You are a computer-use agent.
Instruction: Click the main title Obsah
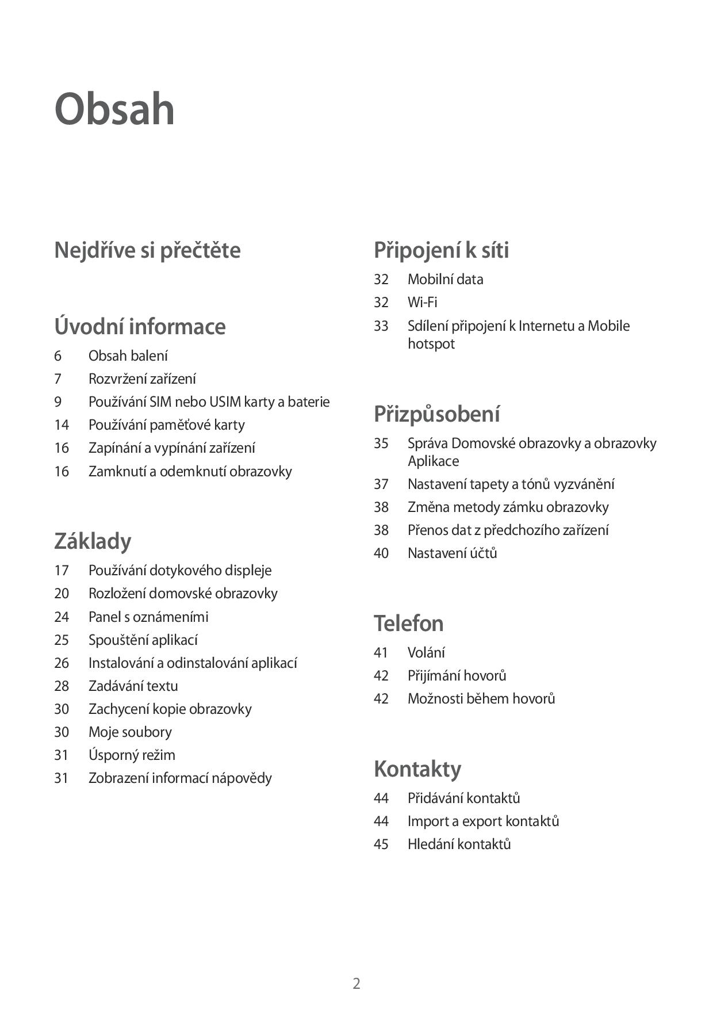point(114,109)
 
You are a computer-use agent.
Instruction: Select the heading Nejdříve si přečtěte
point(147,250)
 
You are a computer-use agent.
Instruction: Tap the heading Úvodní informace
point(140,327)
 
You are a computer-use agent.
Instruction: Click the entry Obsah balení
point(128,356)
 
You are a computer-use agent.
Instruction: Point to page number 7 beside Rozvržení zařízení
point(57,379)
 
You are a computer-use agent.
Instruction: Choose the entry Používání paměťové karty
point(166,425)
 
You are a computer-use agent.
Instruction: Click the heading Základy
point(93,541)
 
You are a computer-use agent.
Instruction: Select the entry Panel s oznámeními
point(148,617)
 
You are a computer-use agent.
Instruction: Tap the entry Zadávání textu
point(133,686)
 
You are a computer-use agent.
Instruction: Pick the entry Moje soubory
point(130,732)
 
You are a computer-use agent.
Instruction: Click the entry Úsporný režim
point(132,755)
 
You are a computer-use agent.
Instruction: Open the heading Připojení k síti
point(441,250)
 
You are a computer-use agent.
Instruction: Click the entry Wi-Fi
point(422,302)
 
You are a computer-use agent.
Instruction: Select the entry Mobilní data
point(445,280)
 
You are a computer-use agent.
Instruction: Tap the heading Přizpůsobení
point(436,414)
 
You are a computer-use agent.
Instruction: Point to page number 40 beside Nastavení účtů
point(381,553)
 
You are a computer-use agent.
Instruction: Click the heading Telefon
point(408,624)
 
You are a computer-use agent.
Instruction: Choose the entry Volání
point(426,653)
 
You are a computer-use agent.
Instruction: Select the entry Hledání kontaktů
point(459,844)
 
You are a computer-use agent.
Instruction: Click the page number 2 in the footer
point(356,983)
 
